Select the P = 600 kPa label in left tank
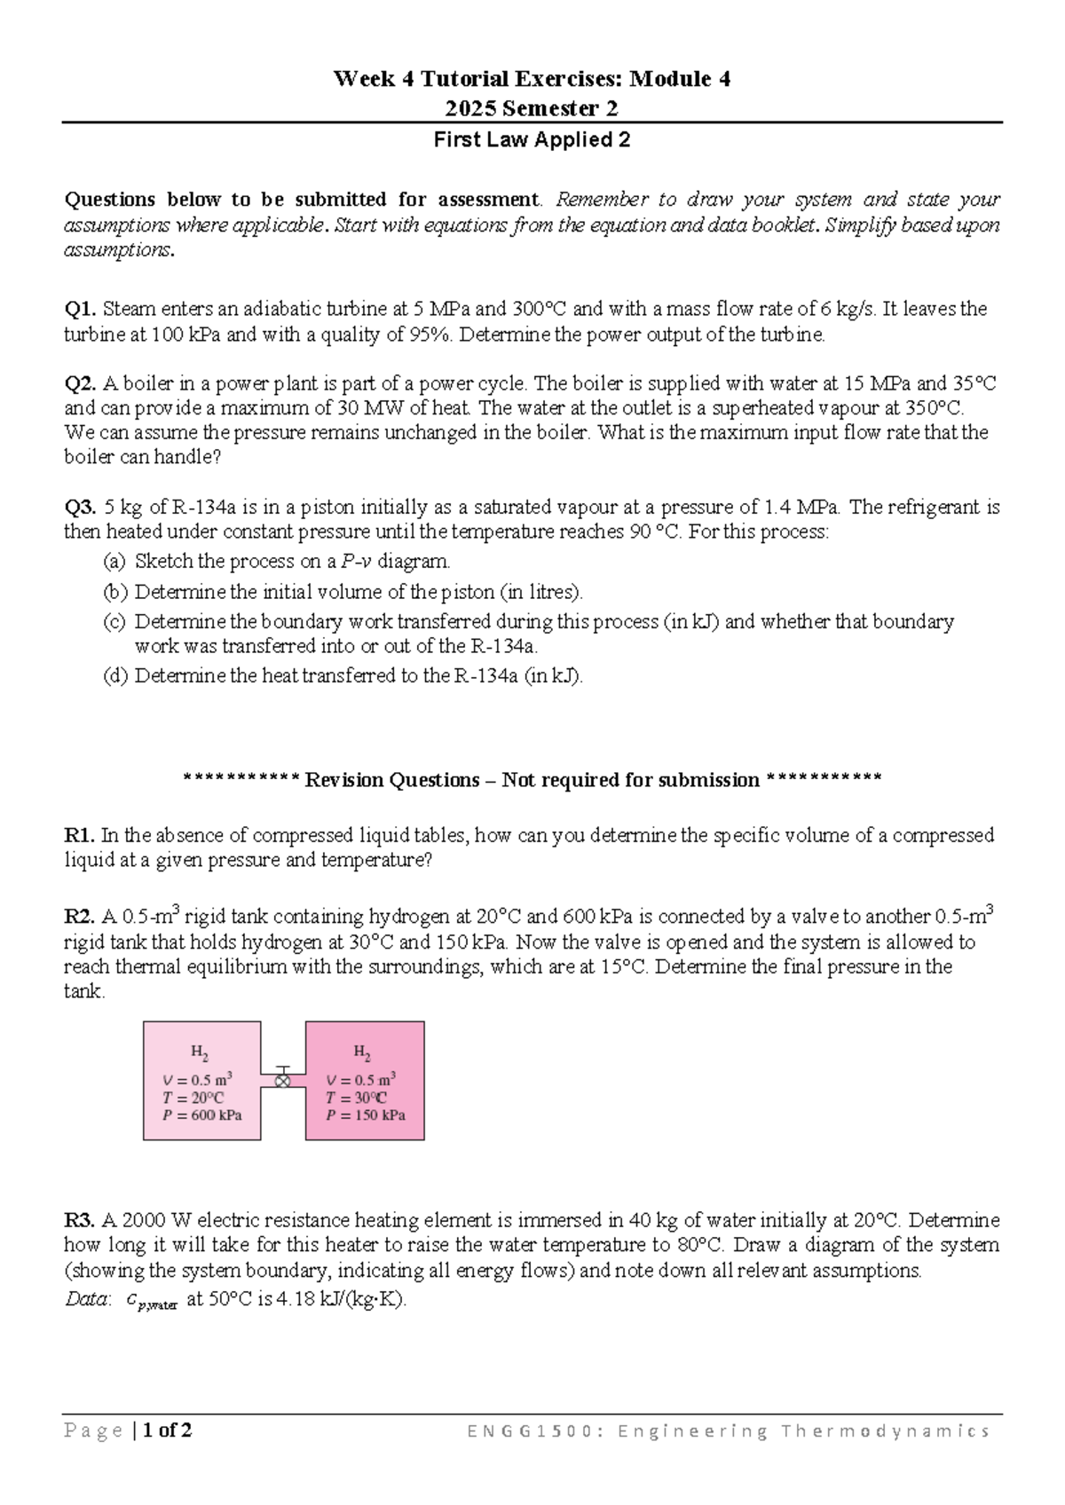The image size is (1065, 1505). pos(202,1115)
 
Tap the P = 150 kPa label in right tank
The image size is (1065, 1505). pos(366,1115)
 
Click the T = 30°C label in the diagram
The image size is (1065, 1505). pos(356,1098)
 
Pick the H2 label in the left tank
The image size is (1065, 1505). pos(200,1052)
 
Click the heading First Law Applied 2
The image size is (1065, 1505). pos(531,140)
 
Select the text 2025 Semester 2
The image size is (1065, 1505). pos(531,109)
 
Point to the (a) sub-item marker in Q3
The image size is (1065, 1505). pos(114,562)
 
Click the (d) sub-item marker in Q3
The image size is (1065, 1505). pos(114,676)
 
